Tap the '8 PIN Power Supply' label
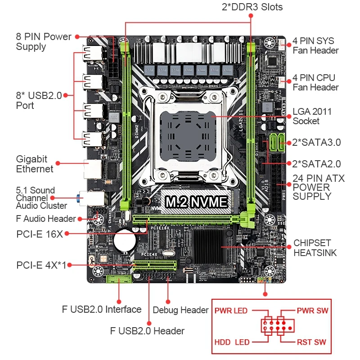coord(44,41)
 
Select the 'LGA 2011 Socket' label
coord(312,116)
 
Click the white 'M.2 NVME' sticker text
coord(196,202)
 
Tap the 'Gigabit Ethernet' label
coord(35,164)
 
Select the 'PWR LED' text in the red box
coord(231,311)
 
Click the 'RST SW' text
coord(311,342)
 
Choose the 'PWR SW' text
coord(312,311)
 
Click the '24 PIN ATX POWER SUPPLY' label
coord(318,187)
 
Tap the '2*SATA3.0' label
coord(317,143)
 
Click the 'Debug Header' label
coord(180,310)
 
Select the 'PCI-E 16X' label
coord(39,234)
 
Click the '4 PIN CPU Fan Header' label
coord(315,83)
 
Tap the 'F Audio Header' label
coord(45,219)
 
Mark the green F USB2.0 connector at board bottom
coord(119,279)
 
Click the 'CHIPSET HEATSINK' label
coord(315,248)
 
